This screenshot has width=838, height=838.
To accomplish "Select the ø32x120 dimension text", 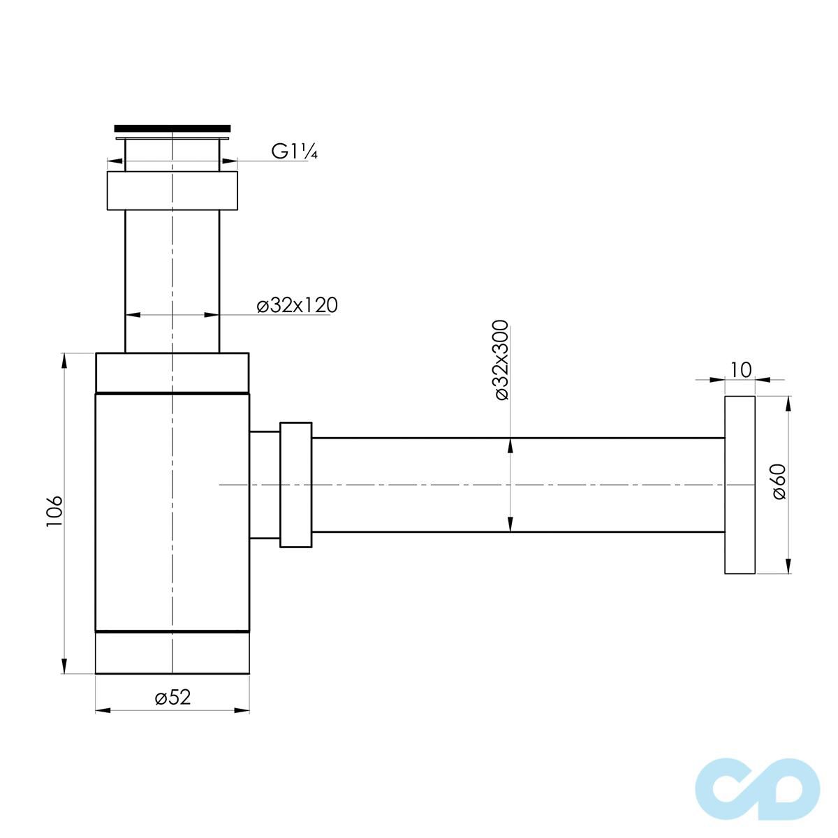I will [x=297, y=306].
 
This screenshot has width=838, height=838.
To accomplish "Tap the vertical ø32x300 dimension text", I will [x=501, y=360].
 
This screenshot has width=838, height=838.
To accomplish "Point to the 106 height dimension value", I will [x=54, y=512].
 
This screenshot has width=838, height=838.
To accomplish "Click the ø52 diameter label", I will [x=172, y=697].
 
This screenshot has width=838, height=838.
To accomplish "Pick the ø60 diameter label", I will [x=779, y=482].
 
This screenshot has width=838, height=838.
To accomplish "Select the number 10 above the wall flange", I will [x=741, y=369].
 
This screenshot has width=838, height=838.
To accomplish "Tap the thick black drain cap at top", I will [x=172, y=128].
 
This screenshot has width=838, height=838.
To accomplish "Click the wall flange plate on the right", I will [x=740, y=485].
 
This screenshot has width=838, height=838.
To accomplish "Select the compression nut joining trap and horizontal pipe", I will [x=295, y=485].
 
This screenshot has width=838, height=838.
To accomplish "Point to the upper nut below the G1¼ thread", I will [x=172, y=191].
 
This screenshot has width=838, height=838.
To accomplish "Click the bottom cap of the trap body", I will [x=172, y=653].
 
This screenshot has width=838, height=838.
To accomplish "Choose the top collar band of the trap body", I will [x=172, y=373].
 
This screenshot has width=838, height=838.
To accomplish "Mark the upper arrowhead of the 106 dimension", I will [x=64, y=360].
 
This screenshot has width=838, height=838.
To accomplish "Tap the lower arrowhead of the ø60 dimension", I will [x=788, y=566].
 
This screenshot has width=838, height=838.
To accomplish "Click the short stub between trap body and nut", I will [x=264, y=485].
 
